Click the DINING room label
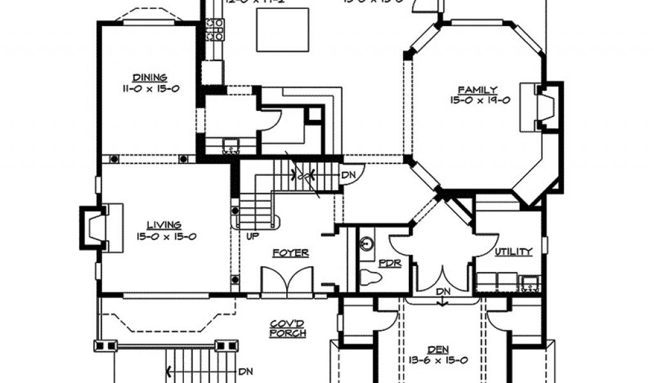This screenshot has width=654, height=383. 150,78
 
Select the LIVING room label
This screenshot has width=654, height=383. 164,225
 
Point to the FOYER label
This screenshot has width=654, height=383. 291,253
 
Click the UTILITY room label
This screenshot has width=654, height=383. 513,252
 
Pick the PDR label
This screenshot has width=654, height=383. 389,263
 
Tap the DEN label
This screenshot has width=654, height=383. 438,349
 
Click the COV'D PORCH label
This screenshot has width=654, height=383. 288,329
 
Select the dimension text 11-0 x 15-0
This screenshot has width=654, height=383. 151,89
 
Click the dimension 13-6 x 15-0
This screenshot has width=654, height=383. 438,360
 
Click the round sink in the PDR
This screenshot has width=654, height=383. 367,243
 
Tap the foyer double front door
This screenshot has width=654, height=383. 287,282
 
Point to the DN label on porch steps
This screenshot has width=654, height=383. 245,372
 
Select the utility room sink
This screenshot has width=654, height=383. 529,282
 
